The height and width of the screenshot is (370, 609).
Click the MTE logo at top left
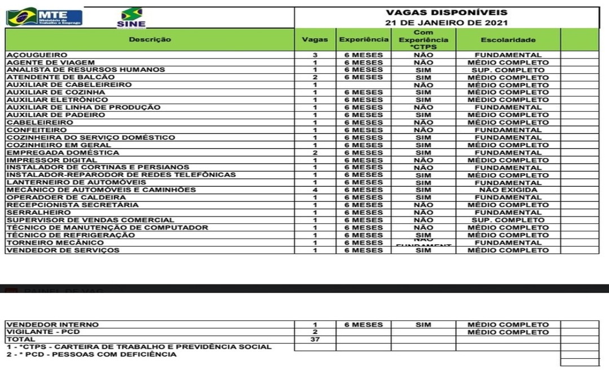pos(45,17)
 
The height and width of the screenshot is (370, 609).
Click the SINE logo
pos(131,17)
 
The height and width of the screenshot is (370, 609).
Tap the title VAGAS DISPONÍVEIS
pos(446,12)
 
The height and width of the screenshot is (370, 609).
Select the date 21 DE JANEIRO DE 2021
pos(446,23)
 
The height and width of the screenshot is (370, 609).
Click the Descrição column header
pos(149,39)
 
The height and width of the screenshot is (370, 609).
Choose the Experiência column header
pos(364,39)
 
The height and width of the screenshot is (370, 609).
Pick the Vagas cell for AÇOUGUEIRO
pos(315,55)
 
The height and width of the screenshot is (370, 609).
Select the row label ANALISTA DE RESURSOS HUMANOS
pos(86,70)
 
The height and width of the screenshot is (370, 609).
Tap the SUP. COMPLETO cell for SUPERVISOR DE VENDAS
pos(508,220)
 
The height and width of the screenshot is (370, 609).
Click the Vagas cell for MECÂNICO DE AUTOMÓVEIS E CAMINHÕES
pos(315,190)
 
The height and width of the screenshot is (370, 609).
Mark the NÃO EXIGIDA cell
pos(508,190)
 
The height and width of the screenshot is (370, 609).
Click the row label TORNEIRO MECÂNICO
pos(55,243)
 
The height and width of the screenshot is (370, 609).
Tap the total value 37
pos(315,340)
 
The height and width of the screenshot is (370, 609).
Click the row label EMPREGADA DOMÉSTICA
pos(63,152)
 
